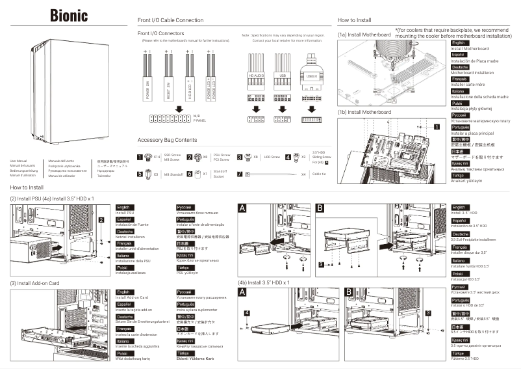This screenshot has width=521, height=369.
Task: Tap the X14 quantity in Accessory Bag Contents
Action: [x=156, y=157]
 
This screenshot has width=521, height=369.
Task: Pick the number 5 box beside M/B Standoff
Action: [x=140, y=174]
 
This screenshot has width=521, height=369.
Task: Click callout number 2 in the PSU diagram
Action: [x=101, y=220]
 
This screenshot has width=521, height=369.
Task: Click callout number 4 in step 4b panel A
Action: [x=248, y=313]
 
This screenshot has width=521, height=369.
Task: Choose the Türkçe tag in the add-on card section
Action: [x=184, y=353]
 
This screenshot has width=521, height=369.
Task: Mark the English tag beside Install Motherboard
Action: [x=458, y=43]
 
